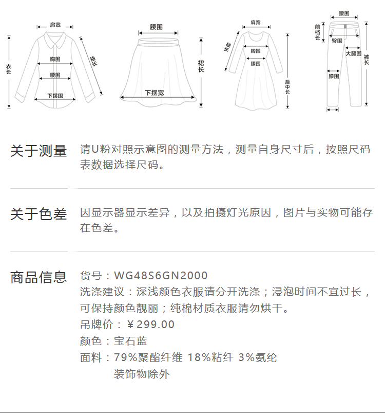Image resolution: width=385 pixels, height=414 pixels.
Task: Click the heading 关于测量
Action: [x=38, y=151]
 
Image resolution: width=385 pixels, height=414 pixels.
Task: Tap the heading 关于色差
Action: [x=38, y=214]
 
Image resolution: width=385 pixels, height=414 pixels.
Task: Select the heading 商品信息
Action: [x=38, y=277]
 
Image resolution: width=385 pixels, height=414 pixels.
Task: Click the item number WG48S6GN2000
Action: [x=161, y=276]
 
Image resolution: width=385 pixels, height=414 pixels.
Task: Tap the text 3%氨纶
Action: [x=258, y=357]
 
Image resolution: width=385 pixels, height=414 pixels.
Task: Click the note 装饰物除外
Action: [x=141, y=374]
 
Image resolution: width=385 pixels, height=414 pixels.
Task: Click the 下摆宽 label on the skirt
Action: [x=154, y=93]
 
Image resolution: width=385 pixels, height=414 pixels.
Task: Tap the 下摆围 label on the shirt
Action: [x=55, y=96]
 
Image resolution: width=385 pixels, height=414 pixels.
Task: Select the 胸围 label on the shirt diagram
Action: [x=55, y=59]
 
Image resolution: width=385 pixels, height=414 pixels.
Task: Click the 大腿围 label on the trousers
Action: [x=353, y=53]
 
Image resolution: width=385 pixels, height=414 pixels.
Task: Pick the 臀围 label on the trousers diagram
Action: [x=337, y=41]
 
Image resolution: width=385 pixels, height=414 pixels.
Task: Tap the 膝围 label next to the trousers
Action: [x=334, y=76]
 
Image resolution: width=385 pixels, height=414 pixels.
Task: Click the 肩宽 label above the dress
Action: [x=255, y=22]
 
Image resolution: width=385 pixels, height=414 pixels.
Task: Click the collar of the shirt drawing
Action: [x=54, y=37]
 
